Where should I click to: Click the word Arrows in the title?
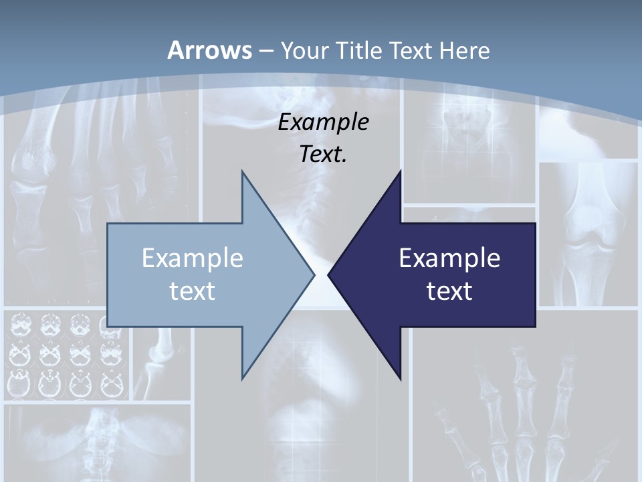[209, 50]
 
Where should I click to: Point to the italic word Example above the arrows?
[324, 122]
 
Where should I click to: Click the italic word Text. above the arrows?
[324, 154]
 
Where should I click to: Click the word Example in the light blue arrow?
[193, 258]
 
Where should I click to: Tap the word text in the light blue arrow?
[193, 291]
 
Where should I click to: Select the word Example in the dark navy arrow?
[449, 258]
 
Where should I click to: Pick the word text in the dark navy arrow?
[449, 291]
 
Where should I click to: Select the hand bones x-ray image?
[515, 408]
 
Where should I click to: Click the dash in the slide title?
[265, 51]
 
